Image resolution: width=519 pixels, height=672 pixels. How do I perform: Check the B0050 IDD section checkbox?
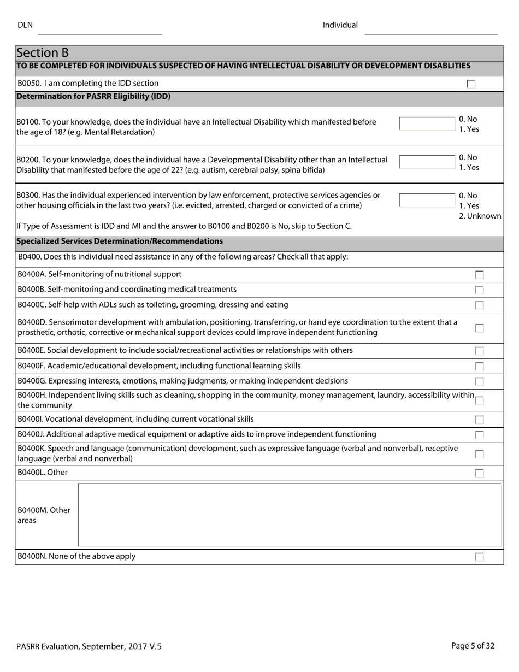[471, 84]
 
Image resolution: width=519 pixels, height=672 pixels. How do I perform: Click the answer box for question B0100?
[427, 124]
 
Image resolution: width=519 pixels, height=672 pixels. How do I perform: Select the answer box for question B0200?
[427, 162]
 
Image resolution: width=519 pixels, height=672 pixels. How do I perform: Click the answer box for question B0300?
[427, 201]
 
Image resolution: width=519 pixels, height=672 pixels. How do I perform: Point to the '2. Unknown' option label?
[480, 216]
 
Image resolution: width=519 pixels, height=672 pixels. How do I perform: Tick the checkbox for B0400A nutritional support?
[479, 275]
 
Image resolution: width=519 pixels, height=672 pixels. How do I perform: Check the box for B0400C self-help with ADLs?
[479, 305]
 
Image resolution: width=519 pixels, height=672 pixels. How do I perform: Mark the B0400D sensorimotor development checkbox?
[479, 328]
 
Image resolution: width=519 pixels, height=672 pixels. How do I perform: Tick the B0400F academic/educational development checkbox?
[479, 367]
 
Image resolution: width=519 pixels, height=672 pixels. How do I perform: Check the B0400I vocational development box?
[479, 420]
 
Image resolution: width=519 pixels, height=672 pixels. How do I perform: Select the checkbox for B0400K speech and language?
[479, 454]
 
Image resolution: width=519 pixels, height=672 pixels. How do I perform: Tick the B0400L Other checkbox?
[479, 473]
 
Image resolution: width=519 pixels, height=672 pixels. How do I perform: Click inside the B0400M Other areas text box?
[290, 515]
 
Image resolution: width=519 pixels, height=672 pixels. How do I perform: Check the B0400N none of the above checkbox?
[479, 557]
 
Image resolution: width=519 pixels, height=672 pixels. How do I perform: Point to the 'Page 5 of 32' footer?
[473, 646]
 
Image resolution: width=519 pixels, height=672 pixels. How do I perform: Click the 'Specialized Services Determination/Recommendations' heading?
[120, 241]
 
